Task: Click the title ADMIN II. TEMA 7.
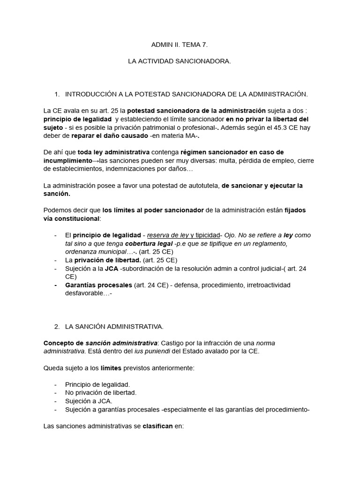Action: tap(179, 45)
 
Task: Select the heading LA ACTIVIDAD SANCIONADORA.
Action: tap(180, 61)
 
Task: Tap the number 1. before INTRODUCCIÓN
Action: tap(57, 94)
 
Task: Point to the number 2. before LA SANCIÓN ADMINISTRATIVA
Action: tap(57, 326)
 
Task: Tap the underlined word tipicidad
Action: tap(207, 235)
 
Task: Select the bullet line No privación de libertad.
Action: tap(101, 393)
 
